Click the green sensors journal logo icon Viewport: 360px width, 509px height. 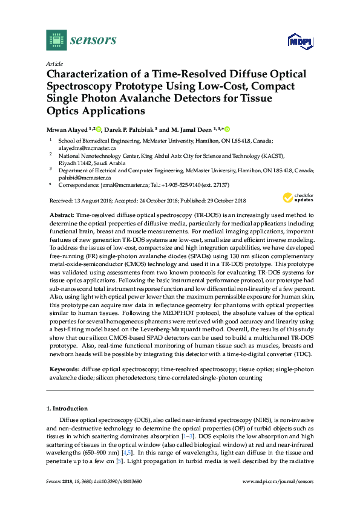point(56,40)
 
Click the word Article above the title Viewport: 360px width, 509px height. point(54,63)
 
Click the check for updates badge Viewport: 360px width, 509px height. point(295,198)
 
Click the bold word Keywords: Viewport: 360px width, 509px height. point(65,368)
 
